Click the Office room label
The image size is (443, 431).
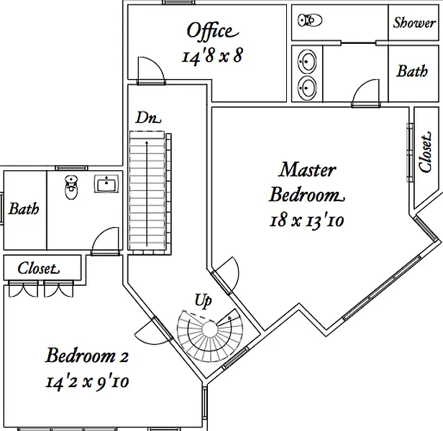point(210,31)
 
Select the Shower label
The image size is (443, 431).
point(414,22)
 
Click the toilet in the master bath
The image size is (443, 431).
point(309,21)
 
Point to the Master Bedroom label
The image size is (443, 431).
point(307,182)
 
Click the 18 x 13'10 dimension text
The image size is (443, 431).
point(307,221)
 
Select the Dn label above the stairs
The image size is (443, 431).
point(148,117)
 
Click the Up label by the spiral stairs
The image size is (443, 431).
point(203,298)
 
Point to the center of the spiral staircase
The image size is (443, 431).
point(209,330)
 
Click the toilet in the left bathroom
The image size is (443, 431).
point(70,187)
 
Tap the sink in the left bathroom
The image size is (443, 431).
point(106,185)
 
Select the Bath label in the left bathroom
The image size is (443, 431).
point(24,210)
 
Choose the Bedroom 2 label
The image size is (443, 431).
point(87,356)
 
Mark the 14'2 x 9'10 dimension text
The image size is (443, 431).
point(87,381)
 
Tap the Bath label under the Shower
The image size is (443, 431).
point(412,71)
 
